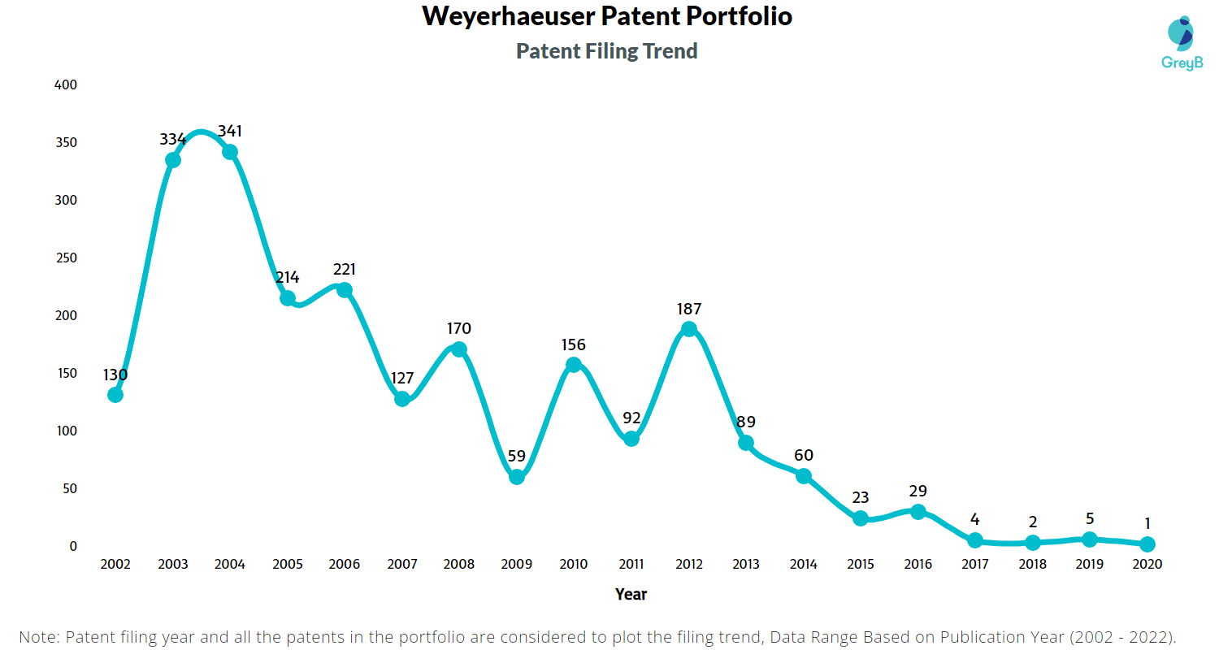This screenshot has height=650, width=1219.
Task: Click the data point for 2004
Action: coord(230,152)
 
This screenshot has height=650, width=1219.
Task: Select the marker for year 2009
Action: coord(517,477)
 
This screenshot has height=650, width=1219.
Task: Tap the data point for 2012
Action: coord(689,329)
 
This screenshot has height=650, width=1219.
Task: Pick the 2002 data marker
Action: coord(115,395)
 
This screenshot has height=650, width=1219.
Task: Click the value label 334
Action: coord(172,139)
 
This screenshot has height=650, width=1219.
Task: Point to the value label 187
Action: coord(689,309)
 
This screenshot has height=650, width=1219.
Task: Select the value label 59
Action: coord(517,456)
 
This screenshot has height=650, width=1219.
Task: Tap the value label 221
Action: coord(345,269)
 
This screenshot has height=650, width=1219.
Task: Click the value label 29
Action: coord(918,491)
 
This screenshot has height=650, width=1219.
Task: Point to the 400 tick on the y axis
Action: coord(66,84)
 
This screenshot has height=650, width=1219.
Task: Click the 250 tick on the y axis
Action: coord(66,258)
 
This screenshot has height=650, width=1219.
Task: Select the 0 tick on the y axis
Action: coord(73,546)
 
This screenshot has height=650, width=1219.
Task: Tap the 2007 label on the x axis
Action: coord(402,564)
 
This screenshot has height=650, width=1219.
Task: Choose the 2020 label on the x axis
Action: coord(1147,564)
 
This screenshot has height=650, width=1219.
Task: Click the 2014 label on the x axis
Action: coord(804,564)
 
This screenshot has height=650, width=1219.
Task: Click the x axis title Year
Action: coord(631,594)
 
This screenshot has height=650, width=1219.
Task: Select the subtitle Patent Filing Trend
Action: coord(607,51)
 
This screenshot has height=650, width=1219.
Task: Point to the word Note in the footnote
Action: coord(39,636)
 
